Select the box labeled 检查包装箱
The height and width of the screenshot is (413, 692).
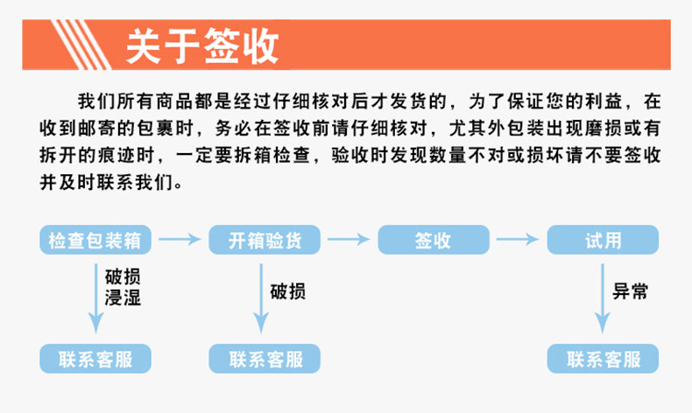pyautogui.click(x=96, y=240)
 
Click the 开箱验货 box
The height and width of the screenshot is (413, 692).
pyautogui.click(x=265, y=240)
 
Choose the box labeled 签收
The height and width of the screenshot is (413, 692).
pyautogui.click(x=433, y=240)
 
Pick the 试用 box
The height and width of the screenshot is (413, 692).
pyautogui.click(x=603, y=240)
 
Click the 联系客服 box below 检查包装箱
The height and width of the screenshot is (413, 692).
pyautogui.click(x=96, y=359)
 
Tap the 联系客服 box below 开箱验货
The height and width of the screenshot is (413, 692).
pyautogui.click(x=265, y=359)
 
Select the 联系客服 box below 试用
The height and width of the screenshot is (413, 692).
pyautogui.click(x=603, y=359)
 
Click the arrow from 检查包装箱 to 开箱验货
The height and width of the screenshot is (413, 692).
pyautogui.click(x=180, y=239)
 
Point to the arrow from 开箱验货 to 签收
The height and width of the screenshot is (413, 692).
pyautogui.click(x=349, y=239)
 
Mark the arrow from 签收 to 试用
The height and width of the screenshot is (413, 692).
pyautogui.click(x=518, y=239)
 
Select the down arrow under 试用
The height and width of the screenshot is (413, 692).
pyautogui.click(x=601, y=297)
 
